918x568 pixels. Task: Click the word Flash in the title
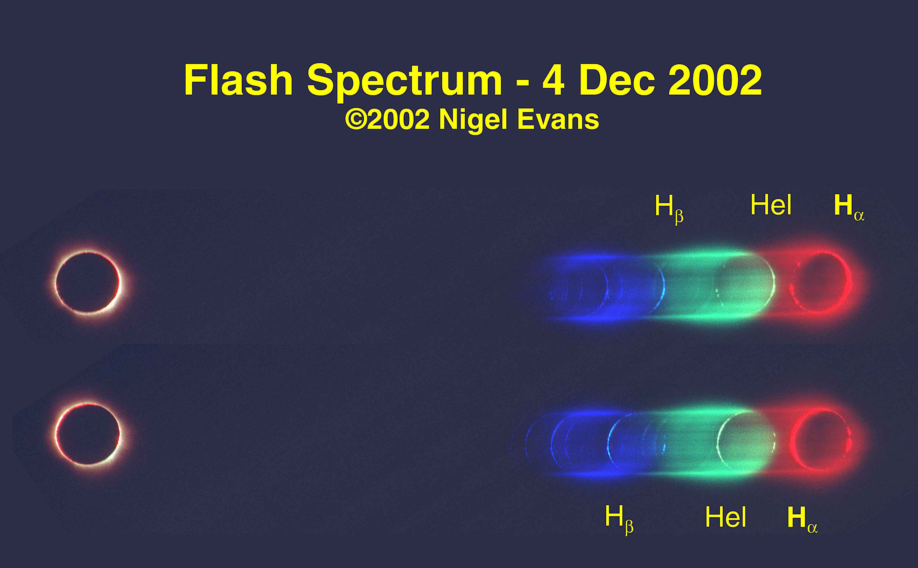click(x=238, y=80)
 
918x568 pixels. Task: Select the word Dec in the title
click(x=617, y=80)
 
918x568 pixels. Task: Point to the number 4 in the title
click(x=553, y=80)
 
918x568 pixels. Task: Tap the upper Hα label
click(x=849, y=207)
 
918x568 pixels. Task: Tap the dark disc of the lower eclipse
click(x=88, y=434)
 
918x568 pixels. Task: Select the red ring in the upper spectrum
click(x=848, y=282)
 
